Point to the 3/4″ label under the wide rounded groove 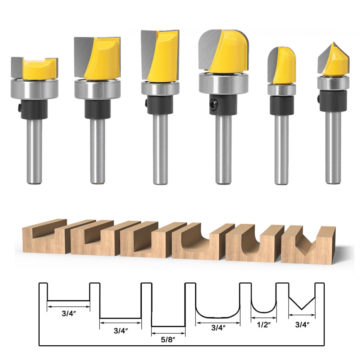[218, 328]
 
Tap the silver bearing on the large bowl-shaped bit [223, 83]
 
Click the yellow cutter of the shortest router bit [40, 69]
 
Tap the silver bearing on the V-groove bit [333, 83]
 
